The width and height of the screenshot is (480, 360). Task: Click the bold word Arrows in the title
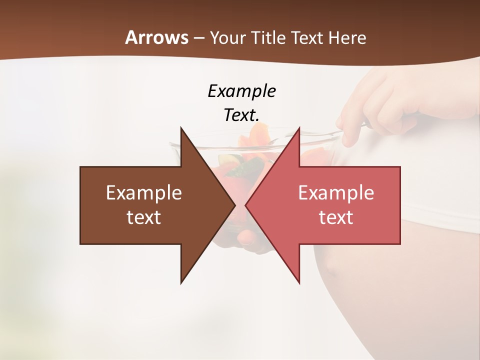tap(156, 37)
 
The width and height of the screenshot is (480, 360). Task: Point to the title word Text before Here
tap(307, 38)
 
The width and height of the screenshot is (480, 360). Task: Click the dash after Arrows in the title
tap(198, 38)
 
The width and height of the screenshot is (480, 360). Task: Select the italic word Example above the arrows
tap(241, 91)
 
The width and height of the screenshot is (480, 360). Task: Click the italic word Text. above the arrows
tap(241, 115)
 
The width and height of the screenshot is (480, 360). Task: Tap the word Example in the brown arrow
tap(144, 192)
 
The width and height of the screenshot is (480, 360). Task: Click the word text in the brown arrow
tap(144, 217)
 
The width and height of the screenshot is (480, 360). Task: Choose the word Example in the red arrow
tap(336, 192)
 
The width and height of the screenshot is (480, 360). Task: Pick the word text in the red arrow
tap(336, 217)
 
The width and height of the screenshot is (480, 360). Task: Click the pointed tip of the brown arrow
tap(234, 205)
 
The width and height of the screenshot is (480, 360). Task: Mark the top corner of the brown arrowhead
tap(181, 128)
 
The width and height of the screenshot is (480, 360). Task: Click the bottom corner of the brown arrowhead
tap(181, 283)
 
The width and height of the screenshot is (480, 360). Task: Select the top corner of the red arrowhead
tap(299, 128)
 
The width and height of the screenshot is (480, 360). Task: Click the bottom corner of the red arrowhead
tap(299, 283)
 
